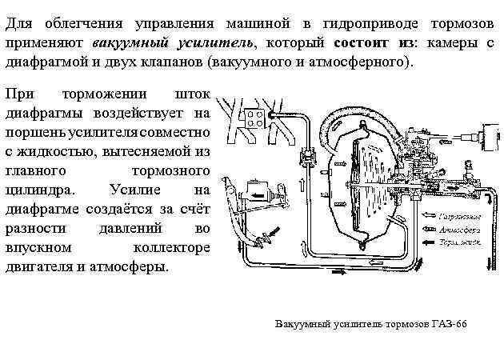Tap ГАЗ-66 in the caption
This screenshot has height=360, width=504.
[449, 323]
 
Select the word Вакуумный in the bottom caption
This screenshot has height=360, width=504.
[303, 323]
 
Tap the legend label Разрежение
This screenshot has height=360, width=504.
[463, 216]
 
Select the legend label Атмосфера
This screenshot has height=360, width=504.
[462, 228]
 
